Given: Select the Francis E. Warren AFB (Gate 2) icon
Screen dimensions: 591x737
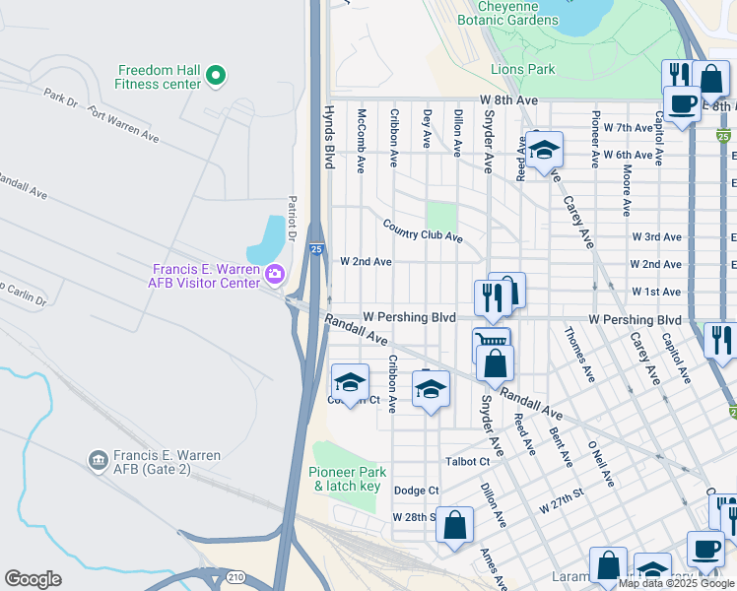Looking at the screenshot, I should (98, 460).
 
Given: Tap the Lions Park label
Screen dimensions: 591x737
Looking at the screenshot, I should (523, 70).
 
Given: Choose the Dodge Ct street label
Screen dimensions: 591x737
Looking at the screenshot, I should (416, 491).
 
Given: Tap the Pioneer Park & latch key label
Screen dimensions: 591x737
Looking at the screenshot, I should (346, 480).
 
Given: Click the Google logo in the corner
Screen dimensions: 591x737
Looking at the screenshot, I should (33, 579).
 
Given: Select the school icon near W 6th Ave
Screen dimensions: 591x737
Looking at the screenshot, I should (543, 151).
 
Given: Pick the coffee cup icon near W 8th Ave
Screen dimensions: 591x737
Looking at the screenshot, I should (681, 102).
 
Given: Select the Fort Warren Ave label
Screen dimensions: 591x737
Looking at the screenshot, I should (123, 121).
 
